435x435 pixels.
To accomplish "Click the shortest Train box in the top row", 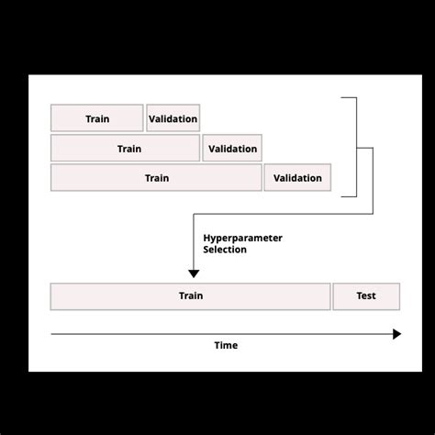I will [x=96, y=118].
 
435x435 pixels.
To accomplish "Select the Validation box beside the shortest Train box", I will [x=173, y=118].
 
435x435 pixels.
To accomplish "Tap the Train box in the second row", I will [x=125, y=148].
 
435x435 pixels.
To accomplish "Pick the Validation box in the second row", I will [x=232, y=148].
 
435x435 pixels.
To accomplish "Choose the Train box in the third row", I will [x=156, y=177].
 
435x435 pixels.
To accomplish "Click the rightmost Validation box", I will [x=297, y=177].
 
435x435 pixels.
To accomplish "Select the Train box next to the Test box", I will [x=190, y=296].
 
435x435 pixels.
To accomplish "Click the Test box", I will [x=366, y=296].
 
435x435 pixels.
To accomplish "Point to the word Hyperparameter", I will [x=242, y=238].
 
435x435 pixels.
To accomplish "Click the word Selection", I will [x=225, y=250].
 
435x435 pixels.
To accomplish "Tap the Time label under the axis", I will [x=226, y=345].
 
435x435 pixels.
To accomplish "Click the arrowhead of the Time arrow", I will [x=396, y=334].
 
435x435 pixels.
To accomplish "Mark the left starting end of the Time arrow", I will [x=52, y=334].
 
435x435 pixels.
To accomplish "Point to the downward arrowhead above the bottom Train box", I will [x=194, y=273].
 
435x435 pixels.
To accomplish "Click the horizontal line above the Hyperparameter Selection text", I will [x=275, y=215].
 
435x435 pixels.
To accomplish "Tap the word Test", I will [x=366, y=296].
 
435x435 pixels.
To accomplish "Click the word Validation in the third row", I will [x=297, y=178].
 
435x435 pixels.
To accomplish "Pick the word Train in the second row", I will [x=129, y=149].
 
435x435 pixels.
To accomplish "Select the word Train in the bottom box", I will [x=191, y=296].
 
